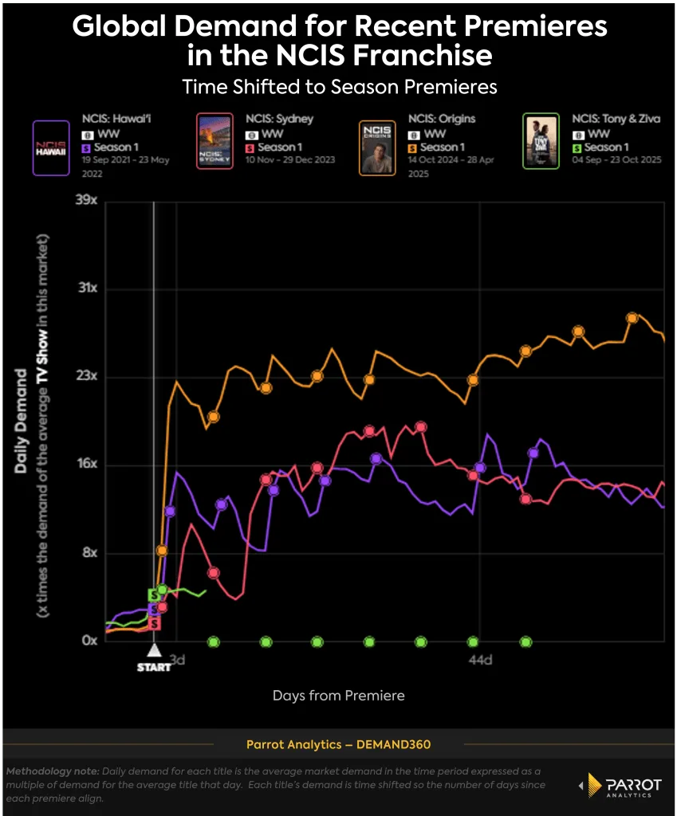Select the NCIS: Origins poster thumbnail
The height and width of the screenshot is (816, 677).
(x=377, y=147)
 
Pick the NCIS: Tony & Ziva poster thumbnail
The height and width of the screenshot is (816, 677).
(x=541, y=140)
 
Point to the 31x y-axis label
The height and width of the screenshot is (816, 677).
(x=85, y=288)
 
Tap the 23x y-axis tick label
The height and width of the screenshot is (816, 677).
(x=85, y=376)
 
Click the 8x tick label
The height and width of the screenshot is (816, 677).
(x=88, y=553)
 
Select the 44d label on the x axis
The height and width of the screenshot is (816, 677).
(x=480, y=660)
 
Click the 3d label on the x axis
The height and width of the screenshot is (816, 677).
(x=179, y=660)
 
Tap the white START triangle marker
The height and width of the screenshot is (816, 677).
(x=155, y=651)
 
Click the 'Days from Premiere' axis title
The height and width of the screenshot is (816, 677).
(x=338, y=696)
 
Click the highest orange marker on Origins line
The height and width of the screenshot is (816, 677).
(x=632, y=318)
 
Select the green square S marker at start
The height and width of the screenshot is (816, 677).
(x=154, y=594)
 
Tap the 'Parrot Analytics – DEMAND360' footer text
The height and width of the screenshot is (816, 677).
(x=338, y=744)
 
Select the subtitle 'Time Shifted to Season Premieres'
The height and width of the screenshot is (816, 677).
(x=339, y=86)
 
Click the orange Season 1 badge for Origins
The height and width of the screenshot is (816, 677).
(x=411, y=147)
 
